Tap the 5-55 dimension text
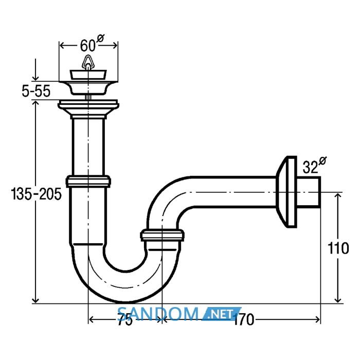pos(36,91)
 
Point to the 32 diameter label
pos(315,165)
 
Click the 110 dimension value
pos(338,248)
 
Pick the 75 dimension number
pos(125,319)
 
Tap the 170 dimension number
pos(244,319)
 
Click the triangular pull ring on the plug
pos(88,62)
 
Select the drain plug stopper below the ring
pos(88,75)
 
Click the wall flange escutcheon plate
pos(286,192)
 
